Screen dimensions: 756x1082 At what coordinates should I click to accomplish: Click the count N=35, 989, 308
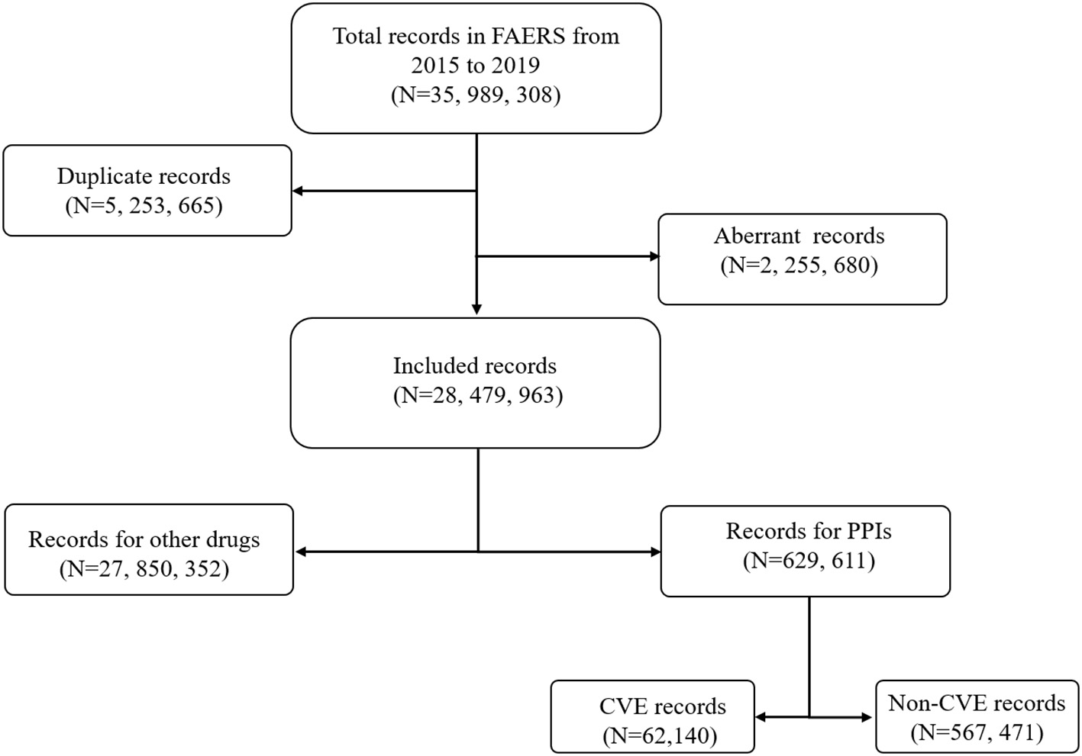click(476, 95)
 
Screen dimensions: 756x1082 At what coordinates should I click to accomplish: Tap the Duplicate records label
click(144, 176)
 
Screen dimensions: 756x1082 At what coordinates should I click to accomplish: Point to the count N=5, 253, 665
click(144, 206)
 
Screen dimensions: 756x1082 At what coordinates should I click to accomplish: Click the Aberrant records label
click(799, 236)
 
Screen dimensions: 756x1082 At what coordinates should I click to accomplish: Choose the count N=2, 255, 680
click(799, 265)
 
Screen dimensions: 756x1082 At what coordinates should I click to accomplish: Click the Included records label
click(475, 365)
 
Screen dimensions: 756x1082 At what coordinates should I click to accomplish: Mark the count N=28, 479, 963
click(478, 395)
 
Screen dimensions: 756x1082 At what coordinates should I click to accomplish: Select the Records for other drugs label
click(144, 539)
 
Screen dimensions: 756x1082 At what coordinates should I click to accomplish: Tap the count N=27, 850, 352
click(144, 569)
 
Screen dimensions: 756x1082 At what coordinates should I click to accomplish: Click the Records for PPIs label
click(808, 531)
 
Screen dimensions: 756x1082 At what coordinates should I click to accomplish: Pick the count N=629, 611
click(808, 561)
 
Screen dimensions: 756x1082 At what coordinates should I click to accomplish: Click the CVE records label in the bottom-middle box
click(662, 706)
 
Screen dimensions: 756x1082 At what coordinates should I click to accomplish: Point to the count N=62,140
click(660, 735)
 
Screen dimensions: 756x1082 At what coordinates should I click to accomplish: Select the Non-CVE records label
click(976, 703)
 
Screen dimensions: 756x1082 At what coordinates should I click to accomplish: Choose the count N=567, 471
click(976, 732)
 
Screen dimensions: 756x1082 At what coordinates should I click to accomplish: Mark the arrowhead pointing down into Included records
click(477, 309)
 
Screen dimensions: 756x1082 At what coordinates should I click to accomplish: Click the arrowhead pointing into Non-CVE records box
click(867, 717)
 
